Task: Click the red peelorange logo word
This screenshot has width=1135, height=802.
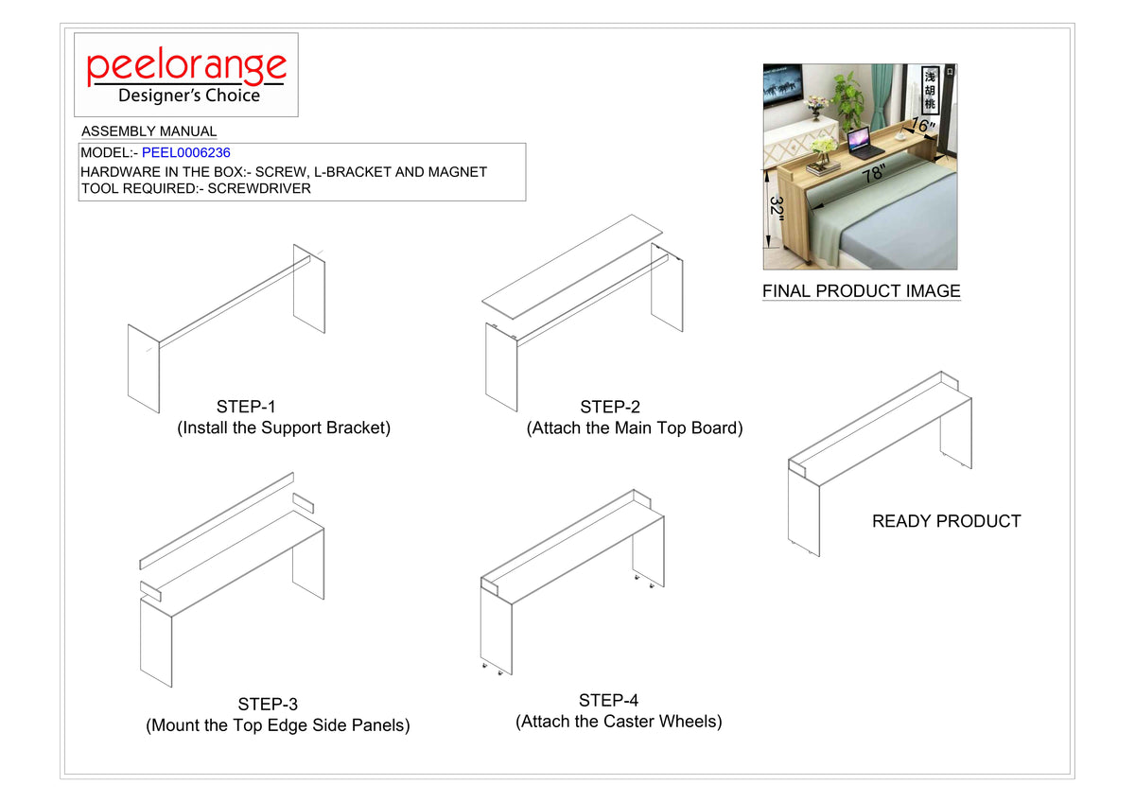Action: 186,67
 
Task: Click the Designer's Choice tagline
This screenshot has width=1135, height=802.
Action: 189,96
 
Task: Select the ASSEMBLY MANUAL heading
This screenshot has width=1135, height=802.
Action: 149,131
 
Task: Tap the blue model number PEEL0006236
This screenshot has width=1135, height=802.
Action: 186,152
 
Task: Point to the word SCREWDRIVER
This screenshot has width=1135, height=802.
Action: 259,188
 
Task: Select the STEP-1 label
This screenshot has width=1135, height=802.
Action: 246,407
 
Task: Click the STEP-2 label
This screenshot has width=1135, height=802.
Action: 610,407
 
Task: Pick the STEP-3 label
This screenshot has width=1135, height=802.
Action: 268,704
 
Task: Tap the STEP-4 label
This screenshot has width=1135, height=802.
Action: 608,700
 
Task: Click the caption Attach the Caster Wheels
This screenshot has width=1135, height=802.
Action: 619,722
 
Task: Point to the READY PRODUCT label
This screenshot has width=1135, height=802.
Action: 947,521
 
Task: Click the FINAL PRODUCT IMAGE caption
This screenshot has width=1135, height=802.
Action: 862,290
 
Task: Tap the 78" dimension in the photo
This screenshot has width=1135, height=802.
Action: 874,174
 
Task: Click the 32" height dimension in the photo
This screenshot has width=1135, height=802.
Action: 777,208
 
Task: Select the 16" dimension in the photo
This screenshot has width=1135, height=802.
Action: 923,125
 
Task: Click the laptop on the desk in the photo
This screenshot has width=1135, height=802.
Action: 860,141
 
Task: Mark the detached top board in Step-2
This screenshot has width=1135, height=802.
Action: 572,267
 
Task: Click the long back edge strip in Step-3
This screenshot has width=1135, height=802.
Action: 217,521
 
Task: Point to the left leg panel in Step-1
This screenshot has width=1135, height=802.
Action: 144,368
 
